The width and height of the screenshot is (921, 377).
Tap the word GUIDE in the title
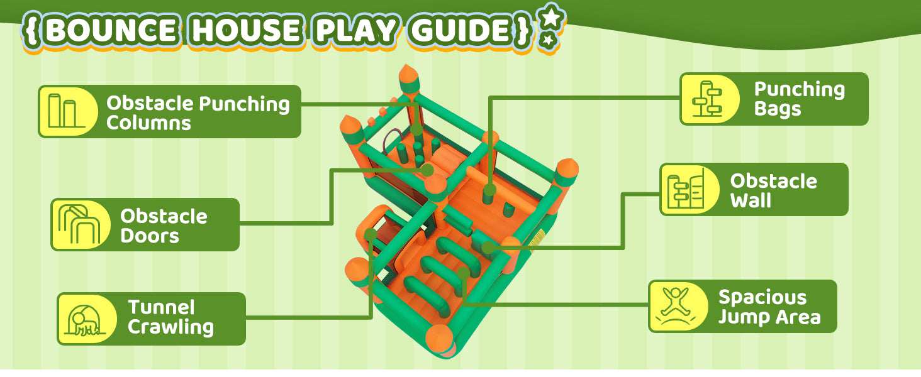click(x=460, y=30)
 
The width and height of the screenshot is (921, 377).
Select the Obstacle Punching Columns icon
click(x=66, y=111)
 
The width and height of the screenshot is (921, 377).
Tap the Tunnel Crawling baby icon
click(x=85, y=319)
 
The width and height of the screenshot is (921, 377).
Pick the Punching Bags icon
click(x=707, y=99)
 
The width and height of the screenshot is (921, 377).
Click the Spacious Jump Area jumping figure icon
click(x=676, y=307)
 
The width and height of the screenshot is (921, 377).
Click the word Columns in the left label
click(x=149, y=123)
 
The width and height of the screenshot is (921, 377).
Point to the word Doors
click(x=150, y=236)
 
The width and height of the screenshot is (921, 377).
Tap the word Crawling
click(x=170, y=327)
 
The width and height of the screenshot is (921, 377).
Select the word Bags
click(x=778, y=109)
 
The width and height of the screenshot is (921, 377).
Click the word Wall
click(x=751, y=200)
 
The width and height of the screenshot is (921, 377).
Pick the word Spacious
click(x=762, y=298)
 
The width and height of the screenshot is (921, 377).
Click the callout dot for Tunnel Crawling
click(x=371, y=234)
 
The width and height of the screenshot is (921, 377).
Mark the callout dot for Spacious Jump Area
click(x=464, y=273)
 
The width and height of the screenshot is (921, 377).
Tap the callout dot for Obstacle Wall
click(x=488, y=248)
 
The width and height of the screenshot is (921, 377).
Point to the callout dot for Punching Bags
click(x=489, y=191)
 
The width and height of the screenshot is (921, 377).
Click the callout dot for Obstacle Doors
click(x=428, y=170)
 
